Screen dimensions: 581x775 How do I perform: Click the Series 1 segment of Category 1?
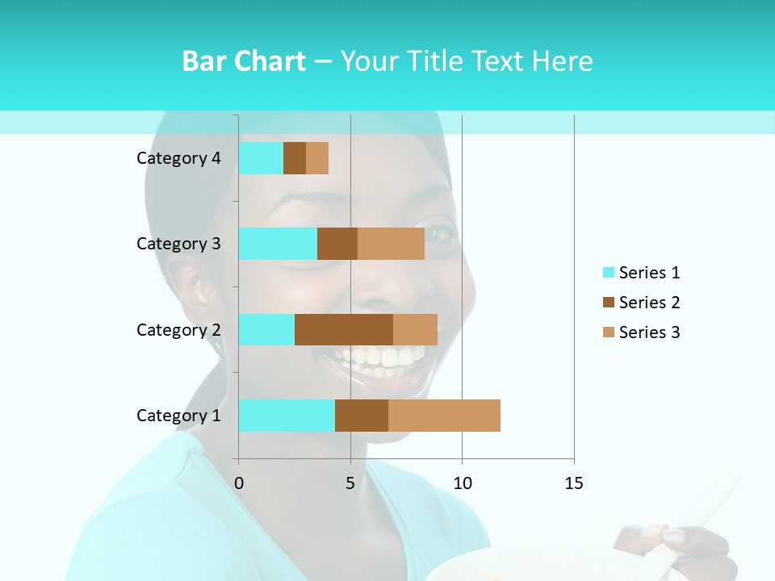pos(287,416)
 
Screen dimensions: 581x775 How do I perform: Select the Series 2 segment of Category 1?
pos(362,416)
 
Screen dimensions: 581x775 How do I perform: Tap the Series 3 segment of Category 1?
pos(444,416)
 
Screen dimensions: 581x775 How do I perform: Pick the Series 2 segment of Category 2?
pos(344,329)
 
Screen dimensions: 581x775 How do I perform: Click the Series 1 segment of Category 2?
pos(266,329)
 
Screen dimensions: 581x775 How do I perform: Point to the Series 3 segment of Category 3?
pos(391,244)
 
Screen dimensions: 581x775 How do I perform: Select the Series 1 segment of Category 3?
pos(278,244)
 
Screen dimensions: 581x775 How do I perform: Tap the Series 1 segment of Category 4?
pos(261,158)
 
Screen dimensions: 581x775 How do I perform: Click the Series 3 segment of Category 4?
pos(317,158)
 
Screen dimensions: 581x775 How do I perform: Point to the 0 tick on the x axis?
pos(239,483)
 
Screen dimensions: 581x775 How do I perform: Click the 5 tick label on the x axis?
pos(350,483)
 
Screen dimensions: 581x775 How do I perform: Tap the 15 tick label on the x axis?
pos(573,483)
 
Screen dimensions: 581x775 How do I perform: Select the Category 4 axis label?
pos(178,158)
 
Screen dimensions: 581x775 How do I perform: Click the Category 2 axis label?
pos(178,329)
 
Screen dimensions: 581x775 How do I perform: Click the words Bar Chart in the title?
pos(244,61)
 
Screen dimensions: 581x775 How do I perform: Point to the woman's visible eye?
pos(439,235)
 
